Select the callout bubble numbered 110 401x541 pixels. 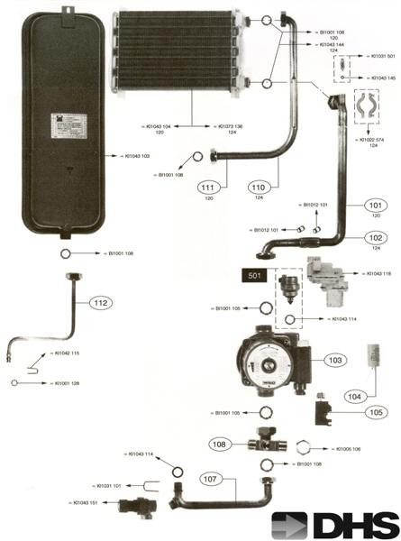click(x=260, y=187)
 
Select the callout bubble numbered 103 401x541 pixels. click(x=336, y=361)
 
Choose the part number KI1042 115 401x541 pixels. click(x=64, y=353)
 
